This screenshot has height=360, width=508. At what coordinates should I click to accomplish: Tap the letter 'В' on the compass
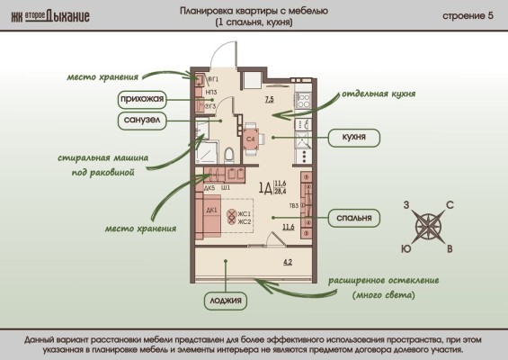click(x=450, y=248)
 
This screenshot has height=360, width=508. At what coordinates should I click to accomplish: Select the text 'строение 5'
click(x=468, y=17)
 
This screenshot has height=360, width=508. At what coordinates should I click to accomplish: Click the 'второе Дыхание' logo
click(x=50, y=17)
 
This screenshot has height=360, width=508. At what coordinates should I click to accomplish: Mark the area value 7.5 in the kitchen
click(x=269, y=100)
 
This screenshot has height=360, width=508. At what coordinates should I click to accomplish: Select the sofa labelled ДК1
click(x=210, y=216)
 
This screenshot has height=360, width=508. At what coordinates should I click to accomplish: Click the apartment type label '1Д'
click(x=265, y=188)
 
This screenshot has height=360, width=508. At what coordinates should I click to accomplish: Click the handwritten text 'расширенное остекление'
click(x=383, y=280)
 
